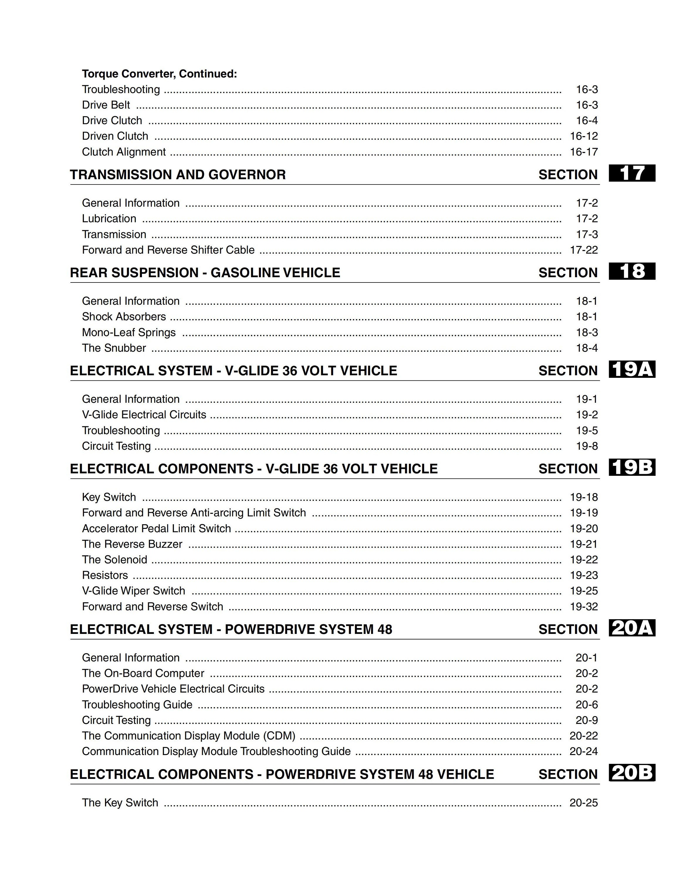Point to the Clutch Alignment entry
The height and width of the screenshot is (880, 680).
pos(124,152)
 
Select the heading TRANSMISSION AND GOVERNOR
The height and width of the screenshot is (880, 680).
pos(178,175)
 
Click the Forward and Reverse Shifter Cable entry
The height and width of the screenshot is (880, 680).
pos(168,250)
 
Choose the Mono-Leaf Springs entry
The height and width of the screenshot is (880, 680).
pos(128,332)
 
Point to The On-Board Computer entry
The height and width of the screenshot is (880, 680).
pos(143,673)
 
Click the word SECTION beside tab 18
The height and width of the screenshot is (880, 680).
pos(568,273)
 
